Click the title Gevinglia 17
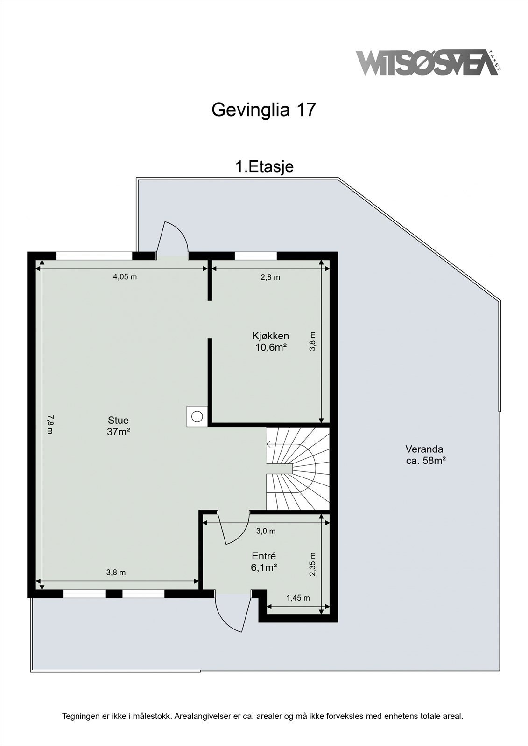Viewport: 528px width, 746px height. tap(264, 110)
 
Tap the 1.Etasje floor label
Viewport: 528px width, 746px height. tap(264, 166)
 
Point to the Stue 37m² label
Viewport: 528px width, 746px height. tap(118, 426)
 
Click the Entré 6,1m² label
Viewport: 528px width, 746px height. tap(264, 561)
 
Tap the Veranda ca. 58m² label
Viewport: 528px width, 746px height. tap(424, 455)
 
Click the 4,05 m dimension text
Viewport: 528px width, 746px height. tap(125, 277)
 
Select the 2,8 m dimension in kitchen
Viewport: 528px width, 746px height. tap(270, 277)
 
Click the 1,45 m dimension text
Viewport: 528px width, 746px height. tap(298, 598)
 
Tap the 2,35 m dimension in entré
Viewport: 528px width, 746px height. tap(313, 564)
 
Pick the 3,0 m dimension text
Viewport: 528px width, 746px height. tap(266, 531)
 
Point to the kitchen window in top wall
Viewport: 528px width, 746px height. tap(255, 256)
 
